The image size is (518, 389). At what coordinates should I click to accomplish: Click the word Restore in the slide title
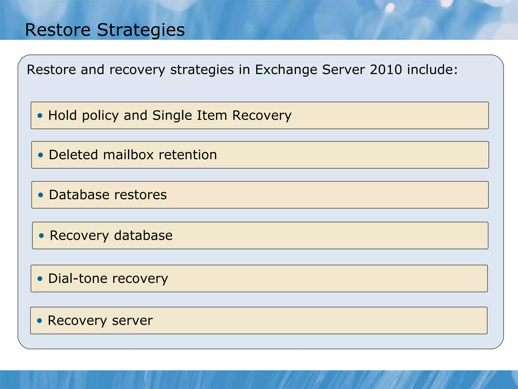[x=58, y=30]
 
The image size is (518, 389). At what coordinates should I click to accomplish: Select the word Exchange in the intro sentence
[x=286, y=70]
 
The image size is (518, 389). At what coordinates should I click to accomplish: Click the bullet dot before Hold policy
[x=40, y=116]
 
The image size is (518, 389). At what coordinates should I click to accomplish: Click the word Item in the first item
[x=212, y=115]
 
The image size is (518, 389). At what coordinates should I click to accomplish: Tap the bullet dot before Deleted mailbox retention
[x=40, y=155]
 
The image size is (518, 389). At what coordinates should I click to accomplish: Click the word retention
[x=188, y=155]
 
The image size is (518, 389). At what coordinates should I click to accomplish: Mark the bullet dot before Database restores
[x=40, y=195]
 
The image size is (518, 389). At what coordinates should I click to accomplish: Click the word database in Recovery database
[x=143, y=236]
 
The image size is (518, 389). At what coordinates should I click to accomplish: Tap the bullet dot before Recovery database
[x=41, y=236]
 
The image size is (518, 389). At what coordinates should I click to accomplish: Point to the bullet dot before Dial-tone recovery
[x=40, y=279]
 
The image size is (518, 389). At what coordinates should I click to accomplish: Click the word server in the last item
[x=132, y=321]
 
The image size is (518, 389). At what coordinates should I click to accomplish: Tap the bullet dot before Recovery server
[x=39, y=321]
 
